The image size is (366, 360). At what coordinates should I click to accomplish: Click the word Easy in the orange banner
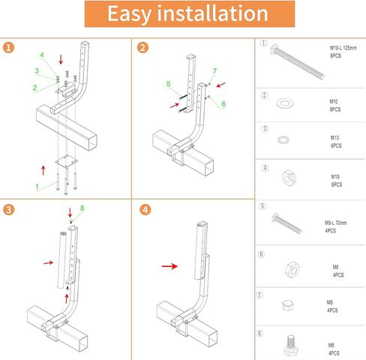[129, 14]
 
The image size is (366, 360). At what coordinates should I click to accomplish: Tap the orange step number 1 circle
[8, 47]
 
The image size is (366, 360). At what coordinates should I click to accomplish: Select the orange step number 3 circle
[8, 209]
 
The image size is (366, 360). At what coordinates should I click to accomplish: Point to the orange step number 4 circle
[145, 209]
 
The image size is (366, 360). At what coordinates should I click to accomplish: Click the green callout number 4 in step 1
[42, 55]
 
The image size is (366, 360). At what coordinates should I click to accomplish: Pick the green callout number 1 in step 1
[37, 187]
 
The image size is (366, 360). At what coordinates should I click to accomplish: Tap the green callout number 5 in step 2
[169, 84]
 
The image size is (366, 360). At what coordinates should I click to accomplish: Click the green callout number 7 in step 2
[214, 71]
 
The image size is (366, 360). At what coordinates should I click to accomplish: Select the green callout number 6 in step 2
[223, 103]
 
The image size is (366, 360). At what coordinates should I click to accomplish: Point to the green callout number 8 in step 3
[82, 208]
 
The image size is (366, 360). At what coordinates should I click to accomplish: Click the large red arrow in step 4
[169, 266]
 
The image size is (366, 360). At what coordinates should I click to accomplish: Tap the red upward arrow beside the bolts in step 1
[43, 170]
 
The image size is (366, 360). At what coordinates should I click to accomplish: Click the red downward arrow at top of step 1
[61, 59]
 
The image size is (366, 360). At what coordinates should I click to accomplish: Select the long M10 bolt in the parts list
[297, 61]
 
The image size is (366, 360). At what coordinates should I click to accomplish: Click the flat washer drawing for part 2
[285, 103]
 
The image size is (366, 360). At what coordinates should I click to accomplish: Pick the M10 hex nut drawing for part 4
[289, 178]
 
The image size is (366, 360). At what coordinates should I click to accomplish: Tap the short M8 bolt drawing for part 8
[290, 345]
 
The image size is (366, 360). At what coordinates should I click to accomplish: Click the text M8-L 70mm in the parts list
[336, 223]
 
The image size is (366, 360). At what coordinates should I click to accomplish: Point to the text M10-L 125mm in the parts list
[343, 48]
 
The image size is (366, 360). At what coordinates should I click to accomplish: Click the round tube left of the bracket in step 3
[62, 260]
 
